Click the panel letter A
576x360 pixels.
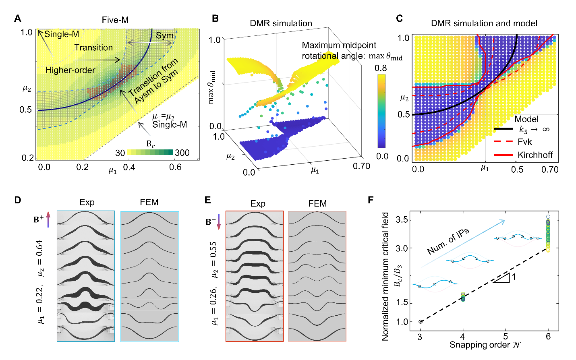(17, 19)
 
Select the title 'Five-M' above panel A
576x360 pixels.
(115, 20)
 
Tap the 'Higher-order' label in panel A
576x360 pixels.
(70, 70)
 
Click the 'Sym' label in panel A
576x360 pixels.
(164, 35)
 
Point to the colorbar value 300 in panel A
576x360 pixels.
(182, 153)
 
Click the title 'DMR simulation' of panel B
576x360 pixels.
(281, 23)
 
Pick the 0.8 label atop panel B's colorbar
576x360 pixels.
(381, 68)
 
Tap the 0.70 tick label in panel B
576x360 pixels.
(361, 166)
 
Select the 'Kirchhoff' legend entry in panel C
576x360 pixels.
(535, 155)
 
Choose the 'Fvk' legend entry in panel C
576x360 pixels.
(524, 142)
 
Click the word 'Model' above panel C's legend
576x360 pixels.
(526, 119)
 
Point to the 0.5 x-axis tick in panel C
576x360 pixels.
(517, 169)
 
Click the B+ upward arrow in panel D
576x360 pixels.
(48, 219)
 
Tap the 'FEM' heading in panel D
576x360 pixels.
(149, 202)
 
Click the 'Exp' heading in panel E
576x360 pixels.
(258, 203)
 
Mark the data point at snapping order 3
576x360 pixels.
(421, 321)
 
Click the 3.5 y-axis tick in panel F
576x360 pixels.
(402, 220)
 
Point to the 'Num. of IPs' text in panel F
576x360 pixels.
(448, 241)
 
